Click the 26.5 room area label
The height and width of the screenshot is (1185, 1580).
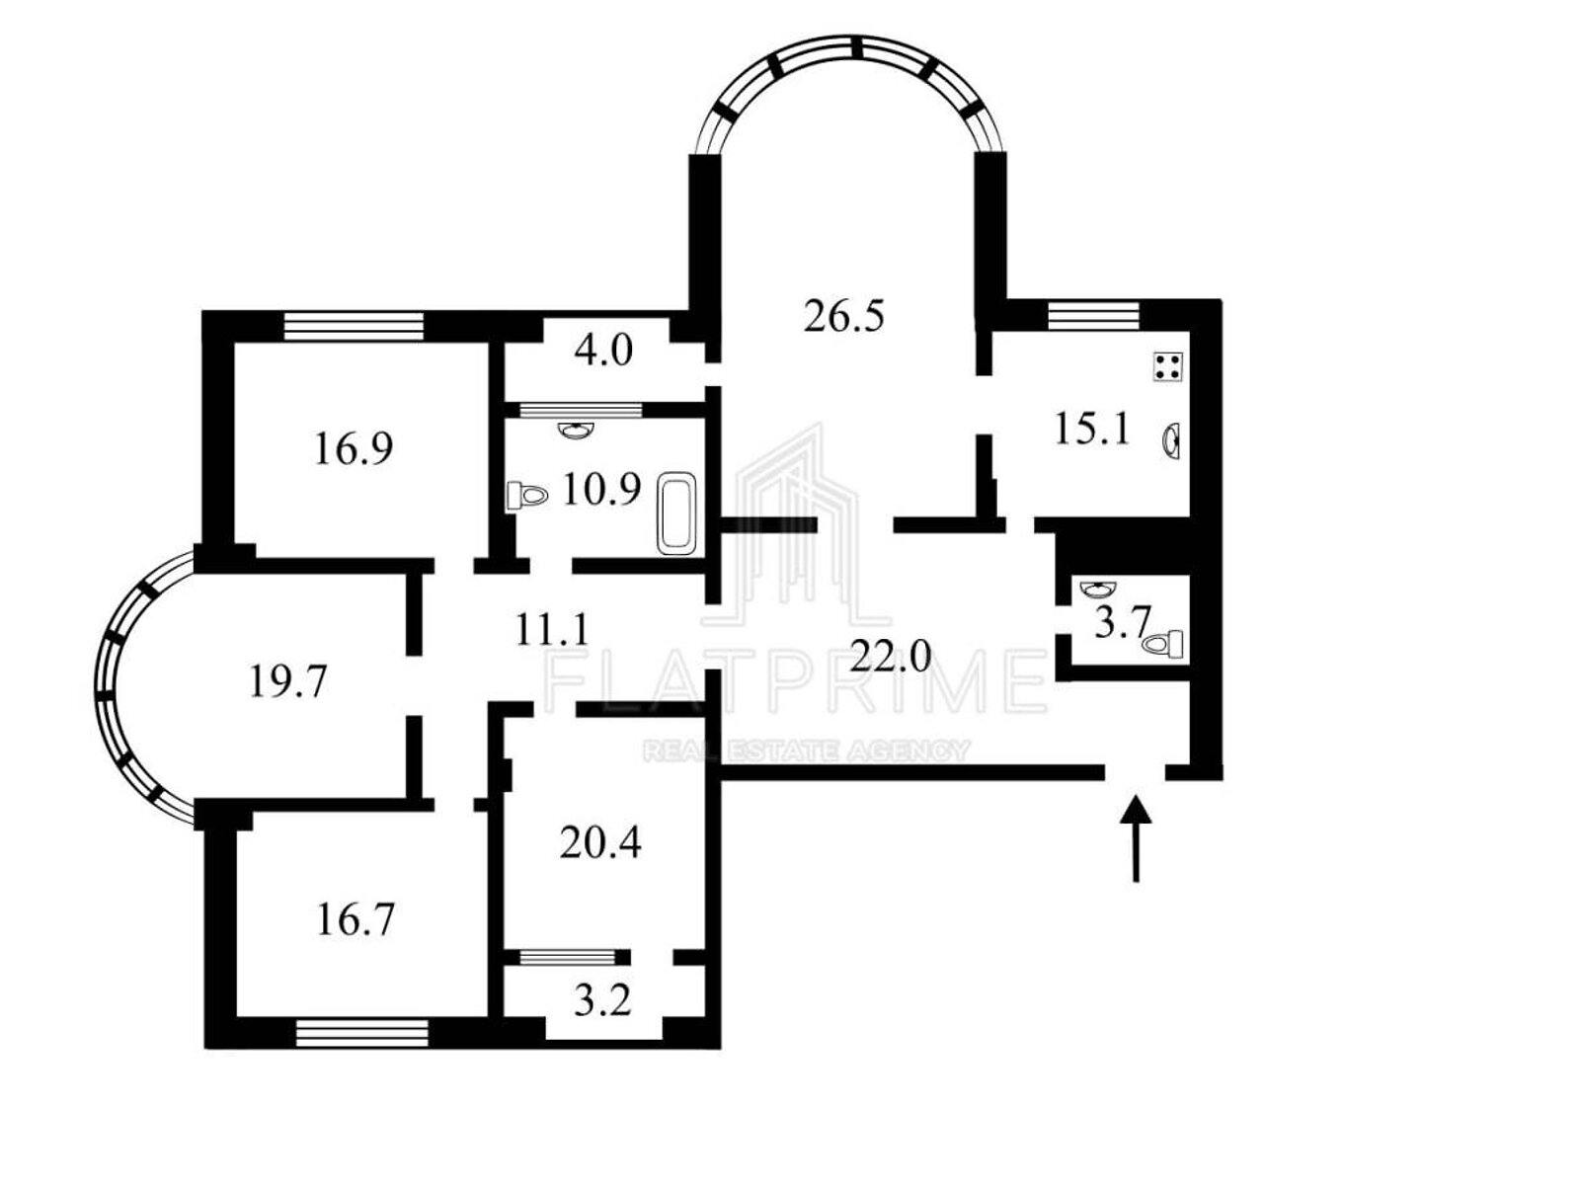[x=843, y=317]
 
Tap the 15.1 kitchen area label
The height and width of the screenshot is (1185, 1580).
[x=1092, y=430]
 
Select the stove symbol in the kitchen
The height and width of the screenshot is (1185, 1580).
[x=1168, y=367]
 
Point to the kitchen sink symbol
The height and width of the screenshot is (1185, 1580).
[x=1171, y=441]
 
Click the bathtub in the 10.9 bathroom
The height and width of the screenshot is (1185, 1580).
[x=677, y=513]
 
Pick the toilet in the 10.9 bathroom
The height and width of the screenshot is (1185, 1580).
[x=527, y=496]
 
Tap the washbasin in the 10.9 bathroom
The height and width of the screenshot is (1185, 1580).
[x=577, y=430]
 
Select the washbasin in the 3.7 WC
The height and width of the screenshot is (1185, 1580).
[x=1098, y=590]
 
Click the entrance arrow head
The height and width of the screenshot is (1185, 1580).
[x=1136, y=809]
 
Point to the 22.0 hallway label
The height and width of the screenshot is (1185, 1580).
[x=890, y=656]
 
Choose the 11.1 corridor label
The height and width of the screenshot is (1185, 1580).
[x=552, y=630]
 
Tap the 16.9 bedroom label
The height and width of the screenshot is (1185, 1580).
[x=354, y=448]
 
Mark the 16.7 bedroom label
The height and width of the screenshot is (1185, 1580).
[x=355, y=919]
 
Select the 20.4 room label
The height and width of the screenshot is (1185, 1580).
[x=599, y=842]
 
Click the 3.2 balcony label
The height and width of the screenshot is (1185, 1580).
[x=602, y=1000]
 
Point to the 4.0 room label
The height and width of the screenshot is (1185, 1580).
[x=603, y=352]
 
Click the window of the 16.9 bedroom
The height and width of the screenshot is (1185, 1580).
[x=354, y=325]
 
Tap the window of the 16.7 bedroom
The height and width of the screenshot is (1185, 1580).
[x=362, y=1034]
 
